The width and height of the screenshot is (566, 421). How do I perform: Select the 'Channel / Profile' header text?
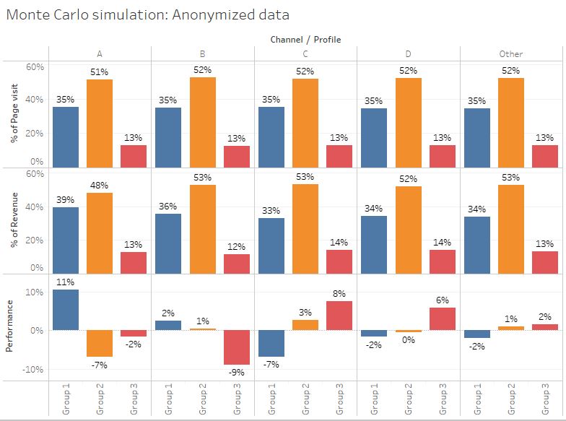tap(305, 39)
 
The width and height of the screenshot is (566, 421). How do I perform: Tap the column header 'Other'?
tap(511, 53)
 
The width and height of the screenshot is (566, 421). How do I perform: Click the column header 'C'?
tap(305, 53)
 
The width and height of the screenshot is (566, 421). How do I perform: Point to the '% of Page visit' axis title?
tap(14, 114)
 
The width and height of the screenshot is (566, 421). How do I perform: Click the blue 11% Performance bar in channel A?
tap(66, 310)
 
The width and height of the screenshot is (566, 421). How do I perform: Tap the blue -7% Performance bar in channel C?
tap(271, 344)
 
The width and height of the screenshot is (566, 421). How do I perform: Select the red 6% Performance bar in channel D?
tap(443, 319)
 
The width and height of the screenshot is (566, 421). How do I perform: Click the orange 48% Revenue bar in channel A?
tap(100, 233)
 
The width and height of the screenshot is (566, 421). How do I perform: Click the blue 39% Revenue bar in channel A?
tap(66, 240)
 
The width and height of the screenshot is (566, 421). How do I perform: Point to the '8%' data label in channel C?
tap(339, 293)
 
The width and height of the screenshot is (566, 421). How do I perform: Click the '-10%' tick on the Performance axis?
tap(35, 369)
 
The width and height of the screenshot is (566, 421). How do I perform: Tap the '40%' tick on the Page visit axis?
tap(35, 100)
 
